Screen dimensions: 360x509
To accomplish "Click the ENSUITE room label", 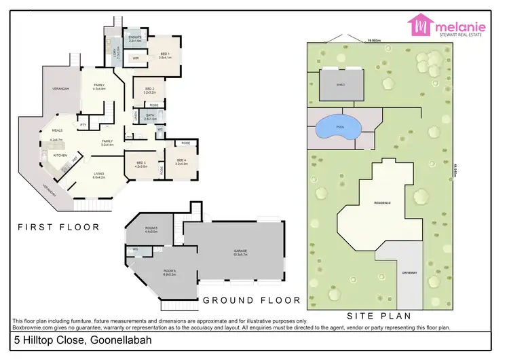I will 134,37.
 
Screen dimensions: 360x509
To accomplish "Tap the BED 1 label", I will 165,54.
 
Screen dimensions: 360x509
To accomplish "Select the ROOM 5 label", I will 151,228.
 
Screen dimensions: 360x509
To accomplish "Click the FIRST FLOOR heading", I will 58,227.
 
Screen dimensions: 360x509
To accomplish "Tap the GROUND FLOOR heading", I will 251,300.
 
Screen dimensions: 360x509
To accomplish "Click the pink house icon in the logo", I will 420,25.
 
